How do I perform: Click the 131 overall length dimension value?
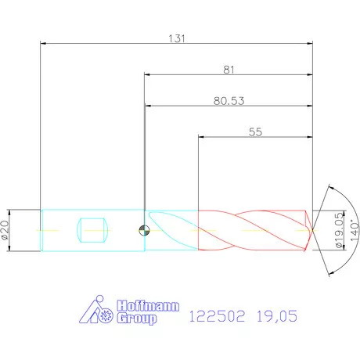pos(177,38)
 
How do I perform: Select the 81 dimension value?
pos(229,70)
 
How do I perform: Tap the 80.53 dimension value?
pos(229,101)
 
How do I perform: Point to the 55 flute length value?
pos(255,131)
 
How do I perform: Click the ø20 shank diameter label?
pos(5,230)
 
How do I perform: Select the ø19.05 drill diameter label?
pos(339,230)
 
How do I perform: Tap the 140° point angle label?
pos(355,231)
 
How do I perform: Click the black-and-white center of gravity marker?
pos(144,230)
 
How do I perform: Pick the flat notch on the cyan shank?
pos(92,230)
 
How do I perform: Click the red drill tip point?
pos(312,230)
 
